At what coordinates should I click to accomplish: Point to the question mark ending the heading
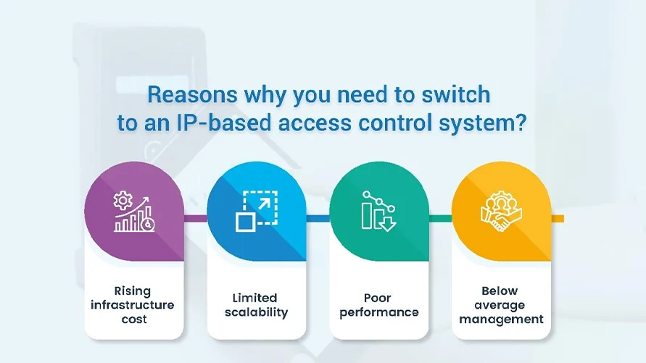point(519,122)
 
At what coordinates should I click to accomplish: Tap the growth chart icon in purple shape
point(133,212)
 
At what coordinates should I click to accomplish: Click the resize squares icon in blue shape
point(255,211)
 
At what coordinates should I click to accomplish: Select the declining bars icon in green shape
point(378,212)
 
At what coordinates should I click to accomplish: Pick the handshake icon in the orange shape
point(500,212)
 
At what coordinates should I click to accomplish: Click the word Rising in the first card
point(133,291)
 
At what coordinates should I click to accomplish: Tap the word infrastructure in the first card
point(133,304)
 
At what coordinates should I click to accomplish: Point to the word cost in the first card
point(133,319)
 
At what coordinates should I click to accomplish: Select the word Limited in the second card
point(255,298)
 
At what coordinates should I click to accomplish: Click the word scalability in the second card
point(256,312)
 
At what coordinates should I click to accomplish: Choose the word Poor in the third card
point(378,298)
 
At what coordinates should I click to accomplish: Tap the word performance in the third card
point(378,313)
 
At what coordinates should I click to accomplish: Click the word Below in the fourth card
point(501,291)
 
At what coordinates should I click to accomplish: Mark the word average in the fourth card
point(501,305)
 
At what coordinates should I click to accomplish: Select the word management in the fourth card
point(501,319)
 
